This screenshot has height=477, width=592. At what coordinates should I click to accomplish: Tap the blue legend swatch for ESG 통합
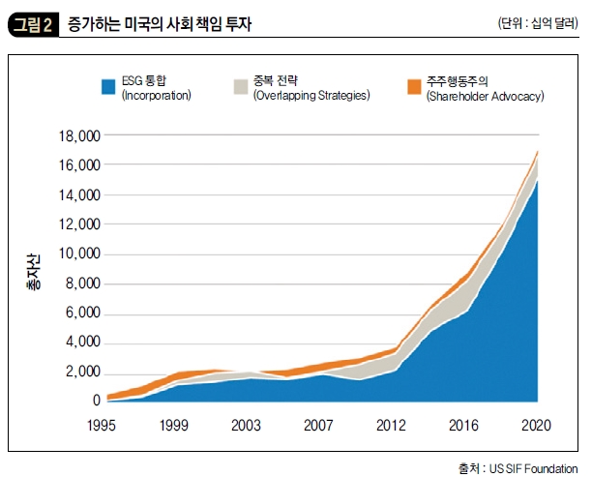(x=107, y=88)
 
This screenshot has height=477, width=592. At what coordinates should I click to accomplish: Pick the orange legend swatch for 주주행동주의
(x=411, y=88)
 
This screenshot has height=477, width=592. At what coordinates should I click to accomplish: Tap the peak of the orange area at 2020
(x=538, y=151)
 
